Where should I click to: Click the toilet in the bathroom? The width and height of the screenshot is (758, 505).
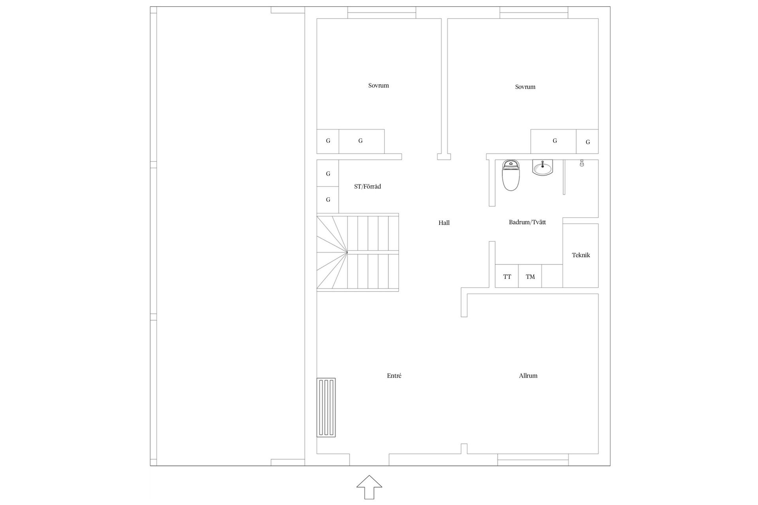click(510, 175)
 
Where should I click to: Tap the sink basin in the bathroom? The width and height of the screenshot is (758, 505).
click(543, 167)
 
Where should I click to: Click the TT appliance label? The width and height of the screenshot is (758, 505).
click(507, 277)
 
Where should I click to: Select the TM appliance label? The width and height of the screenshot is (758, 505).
click(530, 277)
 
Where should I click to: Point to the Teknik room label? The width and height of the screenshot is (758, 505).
click(581, 255)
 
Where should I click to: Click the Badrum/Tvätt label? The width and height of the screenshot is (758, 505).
click(527, 222)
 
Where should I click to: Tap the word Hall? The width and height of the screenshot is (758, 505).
click(444, 223)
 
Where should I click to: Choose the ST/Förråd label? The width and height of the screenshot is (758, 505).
click(368, 186)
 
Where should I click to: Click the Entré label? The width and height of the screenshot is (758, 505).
click(394, 376)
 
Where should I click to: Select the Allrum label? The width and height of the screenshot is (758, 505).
click(528, 376)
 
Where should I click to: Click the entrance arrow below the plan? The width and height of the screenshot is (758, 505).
click(370, 487)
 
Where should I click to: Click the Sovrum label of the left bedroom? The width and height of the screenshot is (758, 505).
click(379, 85)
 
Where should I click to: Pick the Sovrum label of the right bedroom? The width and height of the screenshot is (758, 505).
click(525, 87)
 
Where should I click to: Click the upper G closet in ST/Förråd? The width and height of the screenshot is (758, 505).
click(328, 173)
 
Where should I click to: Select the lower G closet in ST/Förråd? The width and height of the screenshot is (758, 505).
click(328, 200)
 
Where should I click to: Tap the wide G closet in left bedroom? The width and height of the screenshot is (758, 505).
click(362, 141)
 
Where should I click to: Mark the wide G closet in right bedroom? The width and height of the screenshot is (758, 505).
click(553, 141)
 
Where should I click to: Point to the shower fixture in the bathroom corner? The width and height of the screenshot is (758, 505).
click(582, 163)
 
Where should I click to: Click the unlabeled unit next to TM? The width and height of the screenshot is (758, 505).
click(552, 276)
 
